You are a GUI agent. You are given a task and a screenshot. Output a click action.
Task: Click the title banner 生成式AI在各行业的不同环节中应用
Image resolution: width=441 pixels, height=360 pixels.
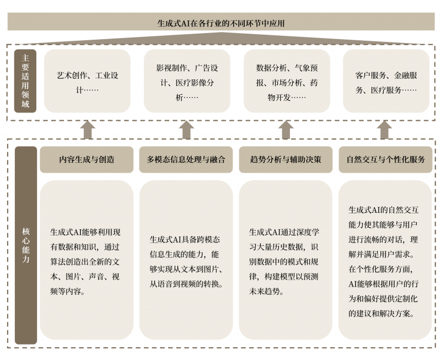point(221,22)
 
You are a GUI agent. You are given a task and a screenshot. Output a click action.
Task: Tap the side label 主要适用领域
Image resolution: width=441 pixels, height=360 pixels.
point(25,81)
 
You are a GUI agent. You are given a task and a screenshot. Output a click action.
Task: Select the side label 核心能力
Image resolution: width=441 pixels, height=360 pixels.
point(26,245)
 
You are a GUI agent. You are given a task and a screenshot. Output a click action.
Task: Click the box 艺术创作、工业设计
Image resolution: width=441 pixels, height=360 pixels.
point(87,81)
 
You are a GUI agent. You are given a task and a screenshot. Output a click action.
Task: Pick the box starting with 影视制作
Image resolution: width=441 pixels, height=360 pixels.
point(187,81)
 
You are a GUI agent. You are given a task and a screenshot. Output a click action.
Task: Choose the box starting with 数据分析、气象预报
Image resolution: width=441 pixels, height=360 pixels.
point(287,81)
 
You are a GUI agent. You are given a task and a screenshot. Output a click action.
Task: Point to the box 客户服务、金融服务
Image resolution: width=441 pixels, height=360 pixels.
point(386,81)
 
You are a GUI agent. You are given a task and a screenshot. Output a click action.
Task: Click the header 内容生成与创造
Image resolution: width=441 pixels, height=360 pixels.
point(87,159)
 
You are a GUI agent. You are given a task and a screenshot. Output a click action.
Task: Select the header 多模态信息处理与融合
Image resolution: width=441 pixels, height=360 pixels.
point(186,159)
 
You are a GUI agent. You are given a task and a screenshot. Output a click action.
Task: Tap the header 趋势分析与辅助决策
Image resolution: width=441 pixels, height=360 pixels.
point(286,159)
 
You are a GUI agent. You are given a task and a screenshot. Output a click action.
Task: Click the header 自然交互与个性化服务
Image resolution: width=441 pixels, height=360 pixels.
point(385,159)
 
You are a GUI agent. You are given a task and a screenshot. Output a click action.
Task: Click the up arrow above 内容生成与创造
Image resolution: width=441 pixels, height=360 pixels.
point(88,130)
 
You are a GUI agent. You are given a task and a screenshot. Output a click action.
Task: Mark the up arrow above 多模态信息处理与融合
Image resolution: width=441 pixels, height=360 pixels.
point(186,130)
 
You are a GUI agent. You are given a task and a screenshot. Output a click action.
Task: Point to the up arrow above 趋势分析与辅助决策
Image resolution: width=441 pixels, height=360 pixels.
point(286,130)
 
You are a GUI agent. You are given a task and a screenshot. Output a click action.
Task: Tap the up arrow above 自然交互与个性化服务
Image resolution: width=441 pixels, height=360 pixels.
point(384,130)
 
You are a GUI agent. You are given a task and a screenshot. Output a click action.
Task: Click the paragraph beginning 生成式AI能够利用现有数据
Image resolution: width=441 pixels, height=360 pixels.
point(85,262)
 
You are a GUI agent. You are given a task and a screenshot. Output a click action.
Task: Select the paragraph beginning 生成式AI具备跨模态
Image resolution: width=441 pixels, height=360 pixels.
point(186,262)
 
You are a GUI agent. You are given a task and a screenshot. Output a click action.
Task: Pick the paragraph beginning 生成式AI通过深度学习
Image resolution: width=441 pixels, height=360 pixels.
point(284,262)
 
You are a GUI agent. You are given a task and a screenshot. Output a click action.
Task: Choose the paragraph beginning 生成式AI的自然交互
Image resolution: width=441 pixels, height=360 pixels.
point(383,262)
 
